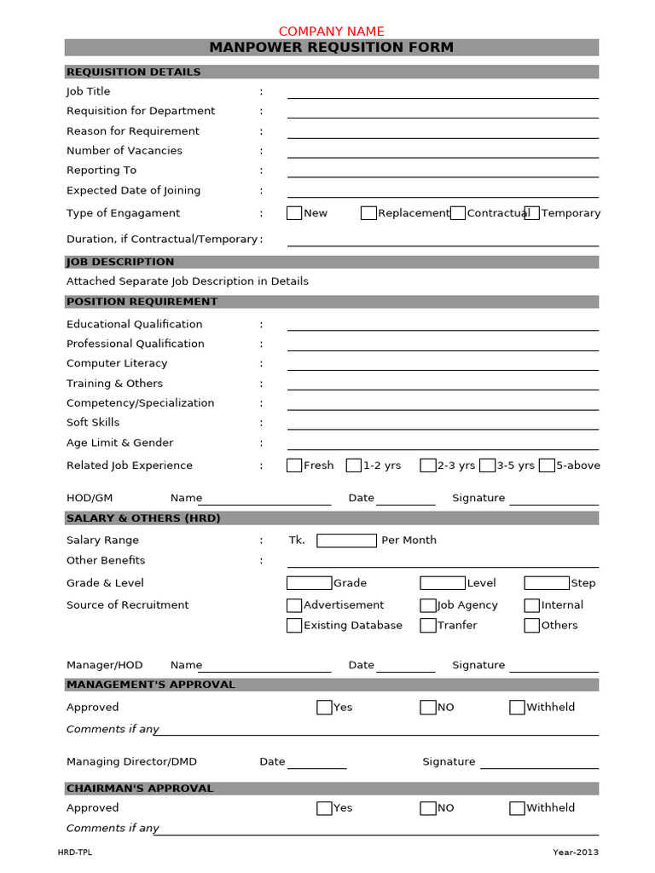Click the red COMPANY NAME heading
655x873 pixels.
[x=332, y=31]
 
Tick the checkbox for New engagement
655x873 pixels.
[x=294, y=213]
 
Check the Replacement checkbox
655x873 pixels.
[x=368, y=213]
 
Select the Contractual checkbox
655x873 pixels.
[x=458, y=213]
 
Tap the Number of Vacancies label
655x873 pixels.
[x=125, y=151]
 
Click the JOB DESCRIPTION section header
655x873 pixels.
[x=120, y=262]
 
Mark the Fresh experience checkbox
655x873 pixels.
[x=294, y=465]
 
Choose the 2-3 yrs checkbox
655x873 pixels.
[x=428, y=465]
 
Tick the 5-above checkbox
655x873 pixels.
[x=547, y=465]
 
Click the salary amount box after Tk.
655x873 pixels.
[x=346, y=541]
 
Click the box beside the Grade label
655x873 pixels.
[x=309, y=583]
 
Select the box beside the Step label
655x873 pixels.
[x=547, y=583]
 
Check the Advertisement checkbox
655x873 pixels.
[x=294, y=605]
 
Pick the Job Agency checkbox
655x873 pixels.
[x=428, y=605]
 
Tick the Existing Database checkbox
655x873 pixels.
[x=294, y=626]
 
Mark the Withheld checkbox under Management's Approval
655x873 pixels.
[x=517, y=708]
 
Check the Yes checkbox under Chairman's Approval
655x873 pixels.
[x=324, y=808]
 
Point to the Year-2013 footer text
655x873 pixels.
[x=576, y=853]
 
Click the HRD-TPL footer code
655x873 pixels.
[x=75, y=853]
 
